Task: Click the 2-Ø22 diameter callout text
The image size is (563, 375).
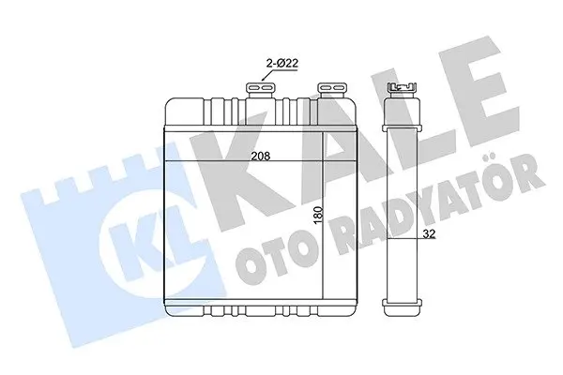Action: [x=281, y=64]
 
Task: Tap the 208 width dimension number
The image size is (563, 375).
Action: [x=260, y=156]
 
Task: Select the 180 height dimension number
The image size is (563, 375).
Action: [x=318, y=216]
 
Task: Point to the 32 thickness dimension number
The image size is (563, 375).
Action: [x=429, y=233]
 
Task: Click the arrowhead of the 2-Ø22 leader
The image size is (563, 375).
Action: [x=263, y=79]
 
